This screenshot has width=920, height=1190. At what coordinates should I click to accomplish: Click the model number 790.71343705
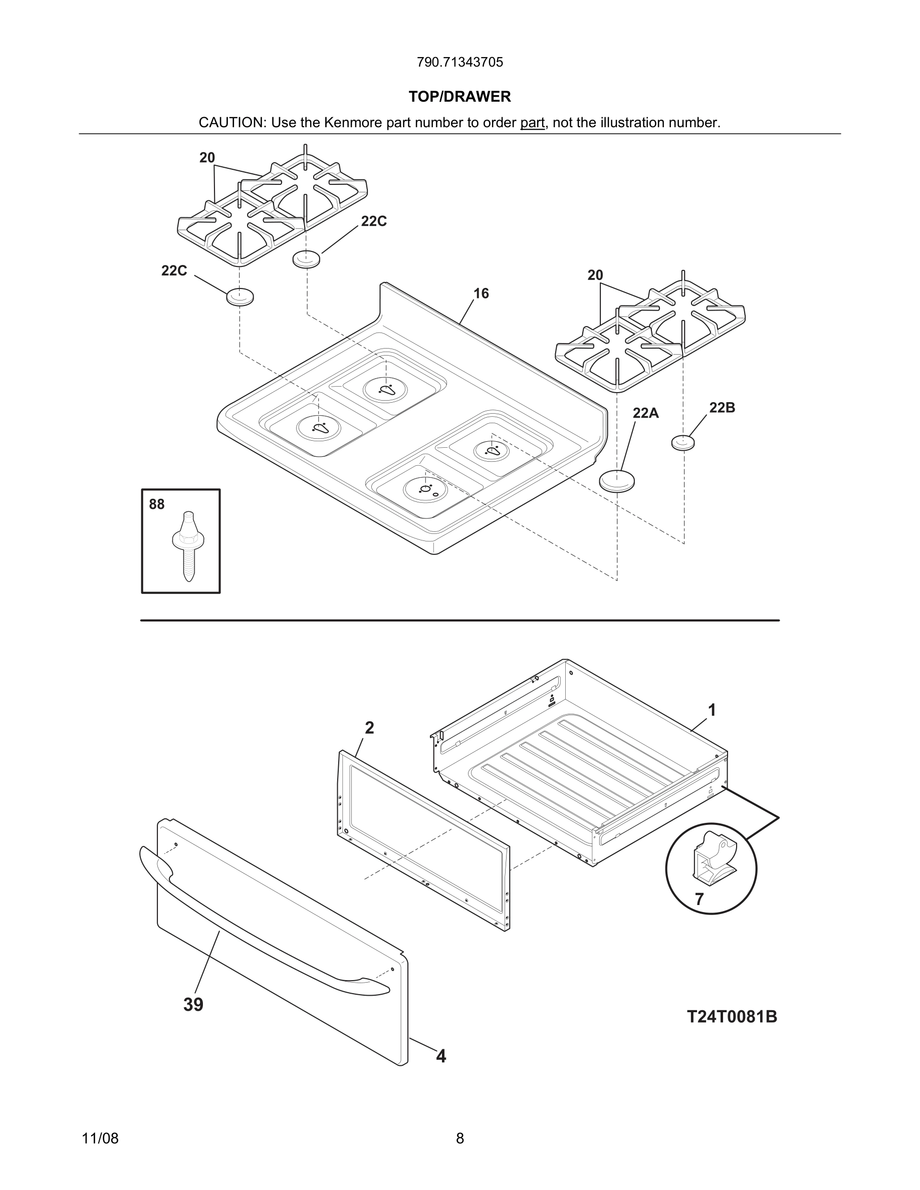(459, 62)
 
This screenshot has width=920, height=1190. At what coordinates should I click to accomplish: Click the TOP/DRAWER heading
(459, 97)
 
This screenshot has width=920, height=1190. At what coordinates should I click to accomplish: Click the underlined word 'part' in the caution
(532, 123)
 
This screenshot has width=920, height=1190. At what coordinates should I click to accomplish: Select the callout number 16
(481, 293)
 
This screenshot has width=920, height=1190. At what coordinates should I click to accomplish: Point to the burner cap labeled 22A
(617, 481)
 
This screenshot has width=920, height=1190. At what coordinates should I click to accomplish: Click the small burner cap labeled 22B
(683, 442)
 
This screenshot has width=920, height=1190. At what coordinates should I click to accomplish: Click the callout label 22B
(722, 408)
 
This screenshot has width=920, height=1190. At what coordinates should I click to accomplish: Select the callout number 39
(193, 1004)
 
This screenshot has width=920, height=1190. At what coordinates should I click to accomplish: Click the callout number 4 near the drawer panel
(441, 1056)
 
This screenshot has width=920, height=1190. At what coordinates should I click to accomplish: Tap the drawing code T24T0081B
(732, 1017)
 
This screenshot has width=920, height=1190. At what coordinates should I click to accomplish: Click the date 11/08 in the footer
(100, 1138)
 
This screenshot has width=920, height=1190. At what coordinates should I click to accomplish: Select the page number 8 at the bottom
(459, 1138)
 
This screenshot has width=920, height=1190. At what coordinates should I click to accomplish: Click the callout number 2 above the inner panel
(369, 728)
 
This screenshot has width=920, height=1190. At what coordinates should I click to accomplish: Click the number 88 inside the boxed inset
(156, 504)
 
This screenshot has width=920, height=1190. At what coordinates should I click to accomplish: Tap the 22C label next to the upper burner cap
(374, 221)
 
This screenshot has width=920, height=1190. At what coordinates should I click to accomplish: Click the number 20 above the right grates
(595, 275)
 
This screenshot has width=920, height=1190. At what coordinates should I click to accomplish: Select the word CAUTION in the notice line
(231, 123)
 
